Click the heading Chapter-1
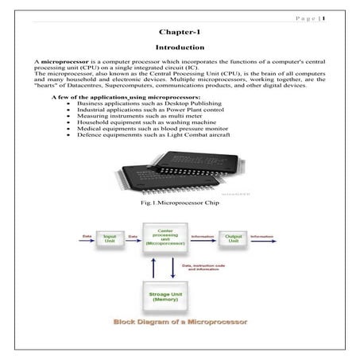point(179,33)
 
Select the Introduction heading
point(179,48)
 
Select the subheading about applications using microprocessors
point(115,96)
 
